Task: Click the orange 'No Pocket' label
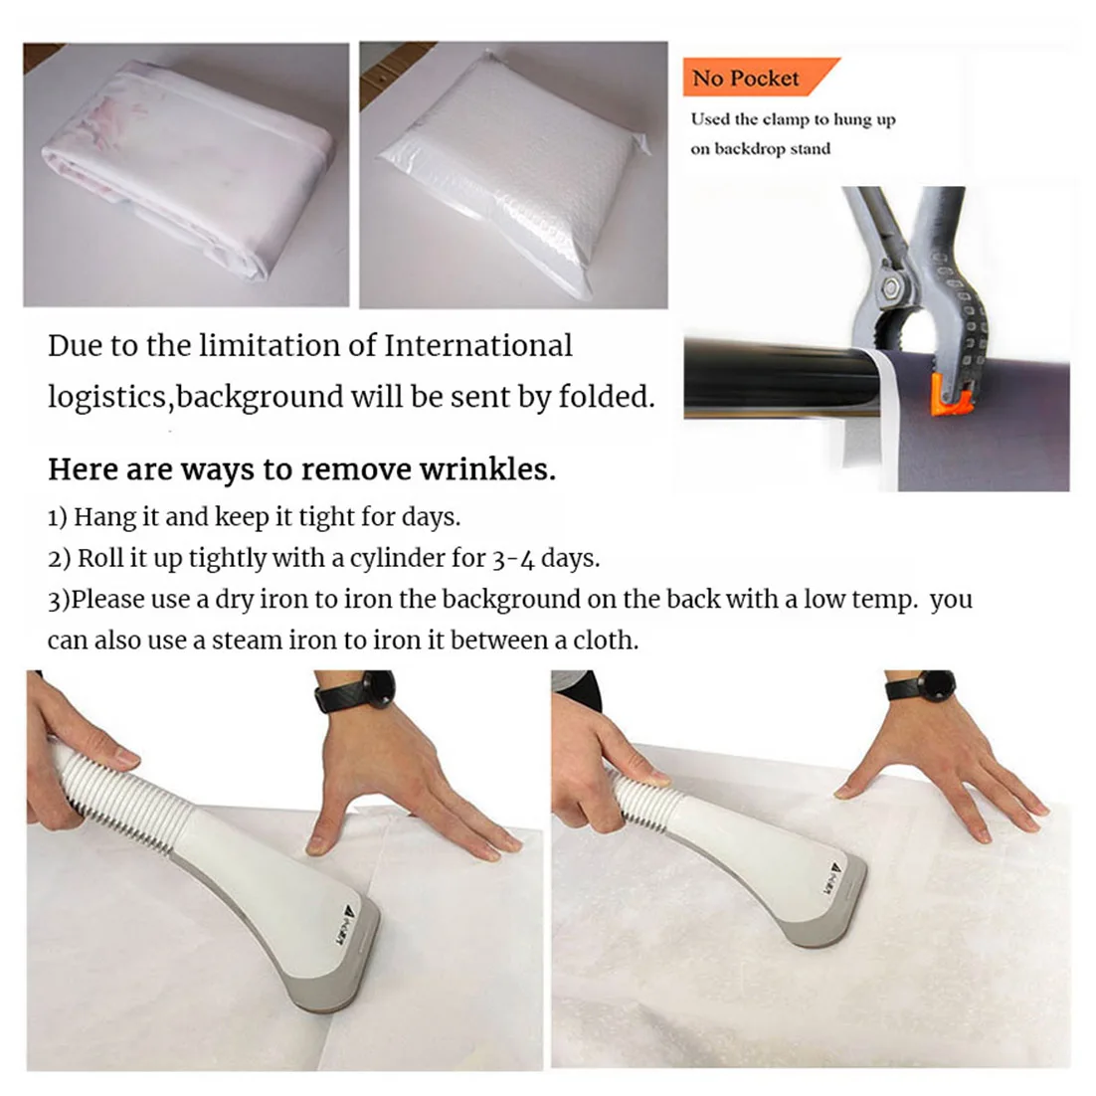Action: click(759, 77)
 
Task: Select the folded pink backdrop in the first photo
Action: click(187, 171)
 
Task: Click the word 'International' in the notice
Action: click(478, 345)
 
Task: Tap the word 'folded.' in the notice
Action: click(607, 396)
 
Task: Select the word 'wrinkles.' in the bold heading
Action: click(487, 469)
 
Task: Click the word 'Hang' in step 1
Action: click(104, 517)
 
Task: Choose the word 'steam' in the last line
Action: click(246, 640)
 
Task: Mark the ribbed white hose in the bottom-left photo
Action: click(117, 790)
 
